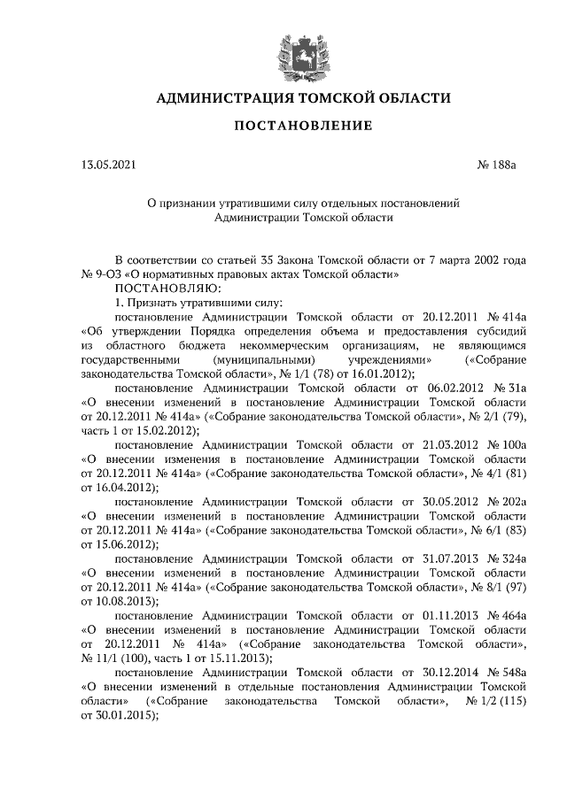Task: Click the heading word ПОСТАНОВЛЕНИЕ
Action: (302, 127)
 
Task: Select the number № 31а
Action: (509, 388)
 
